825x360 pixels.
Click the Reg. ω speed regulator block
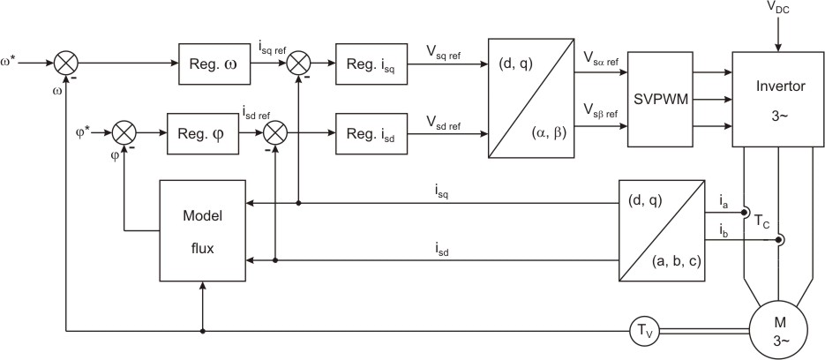[214, 64]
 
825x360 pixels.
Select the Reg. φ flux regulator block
[203, 134]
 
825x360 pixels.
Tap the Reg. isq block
[371, 64]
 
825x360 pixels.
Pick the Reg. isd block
[371, 134]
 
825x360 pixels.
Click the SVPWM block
[661, 99]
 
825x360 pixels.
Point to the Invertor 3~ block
[777, 99]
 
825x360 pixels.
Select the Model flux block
[203, 230]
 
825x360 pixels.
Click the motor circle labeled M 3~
[780, 331]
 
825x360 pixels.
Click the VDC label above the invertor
[778, 9]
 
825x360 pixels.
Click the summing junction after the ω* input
[66, 64]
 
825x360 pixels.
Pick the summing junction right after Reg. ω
[299, 64]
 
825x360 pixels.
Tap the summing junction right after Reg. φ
[275, 134]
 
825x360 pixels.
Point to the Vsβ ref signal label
[600, 111]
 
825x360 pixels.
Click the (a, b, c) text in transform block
[676, 260]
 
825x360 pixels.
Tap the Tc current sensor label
[761, 221]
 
